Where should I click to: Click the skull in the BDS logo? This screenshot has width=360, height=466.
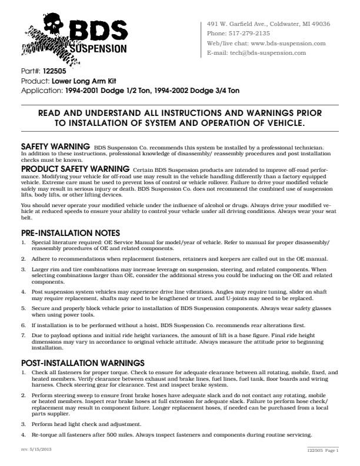coord(52,25)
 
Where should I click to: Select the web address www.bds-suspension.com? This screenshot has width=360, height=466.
coord(288,43)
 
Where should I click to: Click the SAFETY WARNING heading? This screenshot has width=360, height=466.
coord(55,145)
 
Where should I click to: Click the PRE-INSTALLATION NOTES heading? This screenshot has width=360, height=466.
coord(71,233)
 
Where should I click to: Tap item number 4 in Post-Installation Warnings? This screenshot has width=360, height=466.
coord(24,435)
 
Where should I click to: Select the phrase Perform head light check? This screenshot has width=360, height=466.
coord(62,424)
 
